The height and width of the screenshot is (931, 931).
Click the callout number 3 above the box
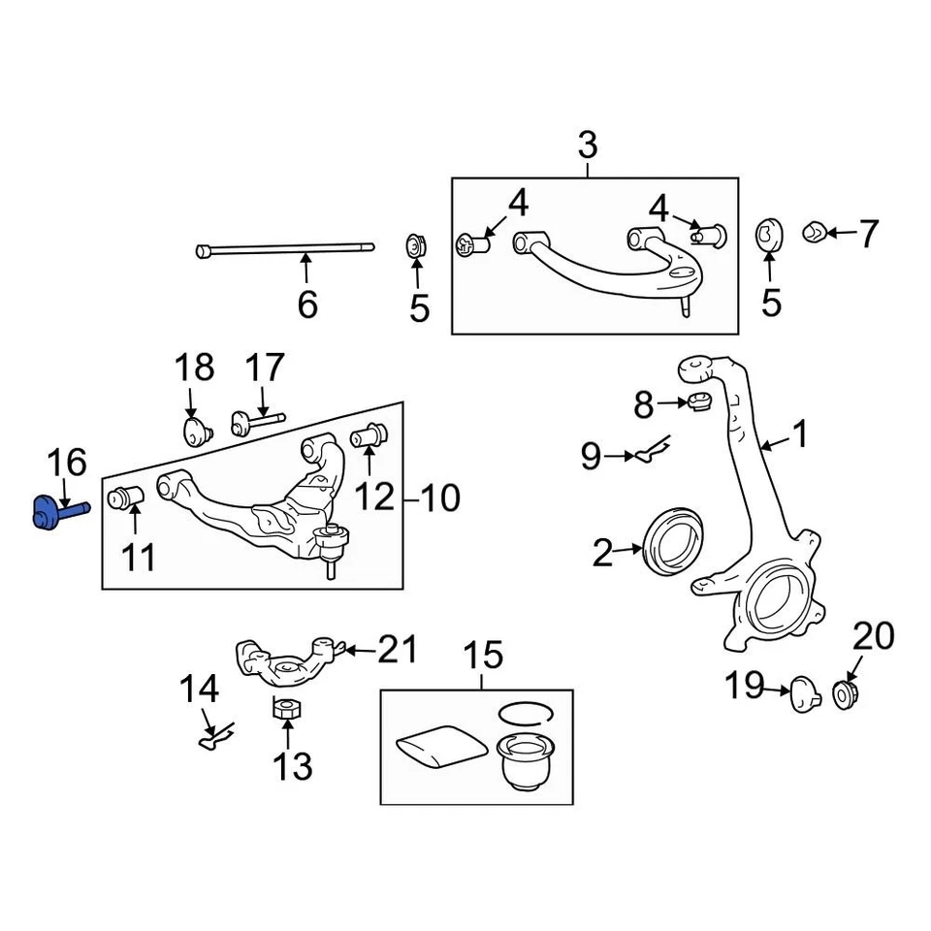pos(587,146)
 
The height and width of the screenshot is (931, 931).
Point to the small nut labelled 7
pos(814,232)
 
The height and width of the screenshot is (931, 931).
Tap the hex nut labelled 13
pos(284,710)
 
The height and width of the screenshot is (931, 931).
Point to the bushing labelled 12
pos(369,435)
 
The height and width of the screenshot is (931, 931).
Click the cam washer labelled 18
pos(198,430)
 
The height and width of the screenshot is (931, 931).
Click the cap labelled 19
pos(805,694)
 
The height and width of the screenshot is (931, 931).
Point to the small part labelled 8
pos(699,402)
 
